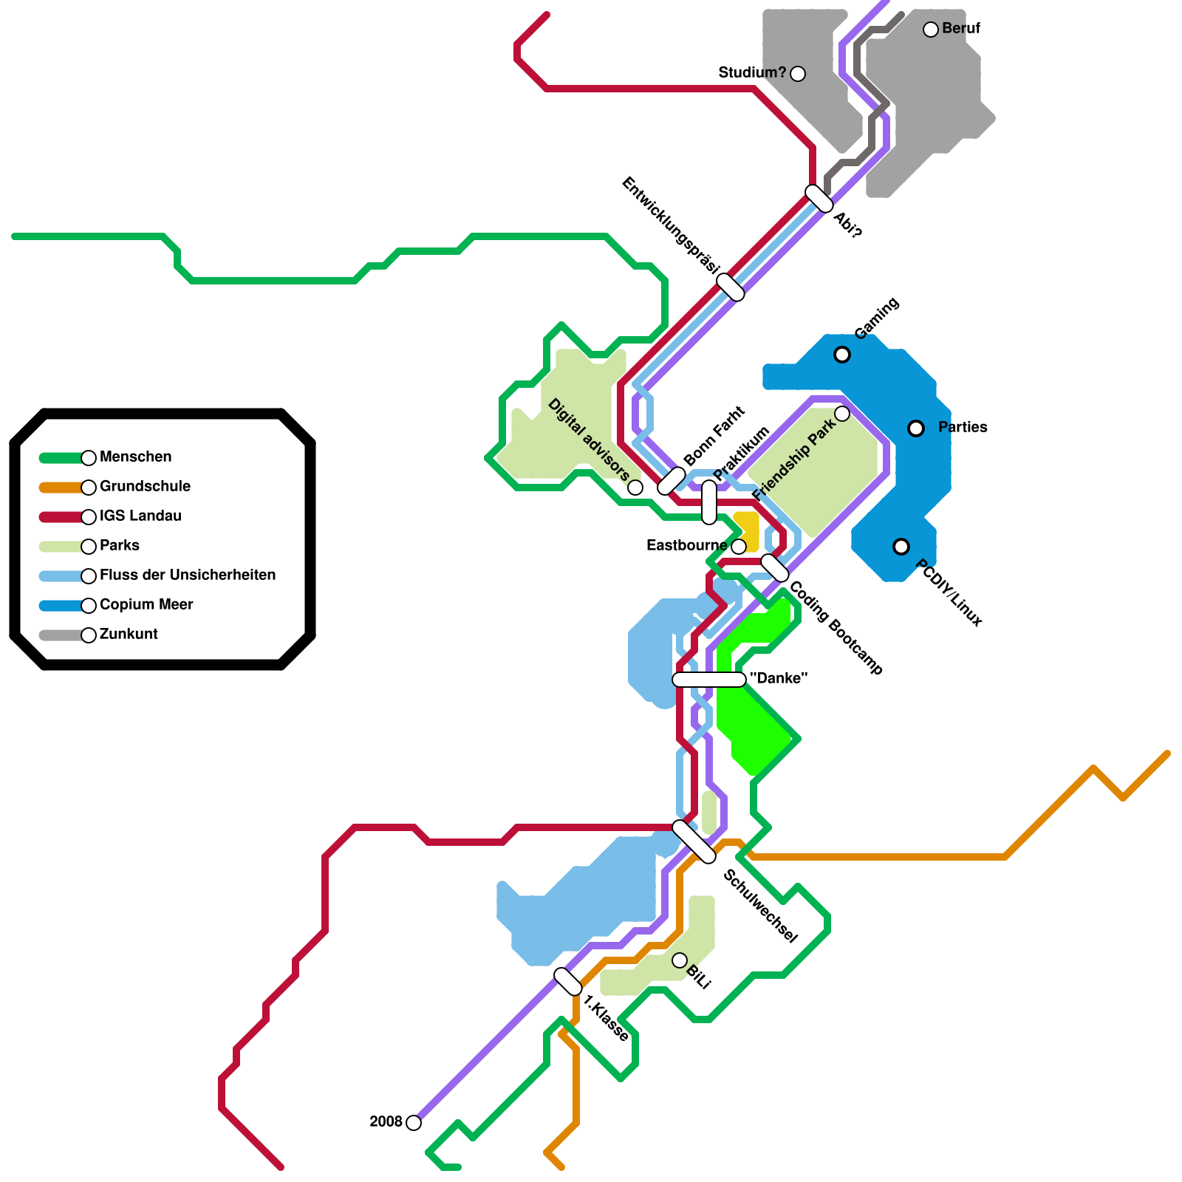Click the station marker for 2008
[414, 1123]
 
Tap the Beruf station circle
[931, 30]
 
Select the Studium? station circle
[798, 74]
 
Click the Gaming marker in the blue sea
[842, 355]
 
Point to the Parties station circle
[916, 428]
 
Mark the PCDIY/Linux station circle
[901, 547]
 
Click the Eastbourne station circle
[739, 547]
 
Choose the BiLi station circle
[680, 960]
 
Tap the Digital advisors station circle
[635, 488]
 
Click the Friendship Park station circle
[842, 414]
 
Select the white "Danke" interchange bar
[709, 680]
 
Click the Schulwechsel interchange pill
[694, 842]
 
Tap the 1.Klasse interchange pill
[568, 982]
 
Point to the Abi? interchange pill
[819, 199]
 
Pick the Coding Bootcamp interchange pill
[775, 568]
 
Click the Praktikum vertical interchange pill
[709, 502]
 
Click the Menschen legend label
[135, 457]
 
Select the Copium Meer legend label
[146, 605]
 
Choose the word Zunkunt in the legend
[129, 635]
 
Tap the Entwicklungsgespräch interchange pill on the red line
[731, 287]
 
